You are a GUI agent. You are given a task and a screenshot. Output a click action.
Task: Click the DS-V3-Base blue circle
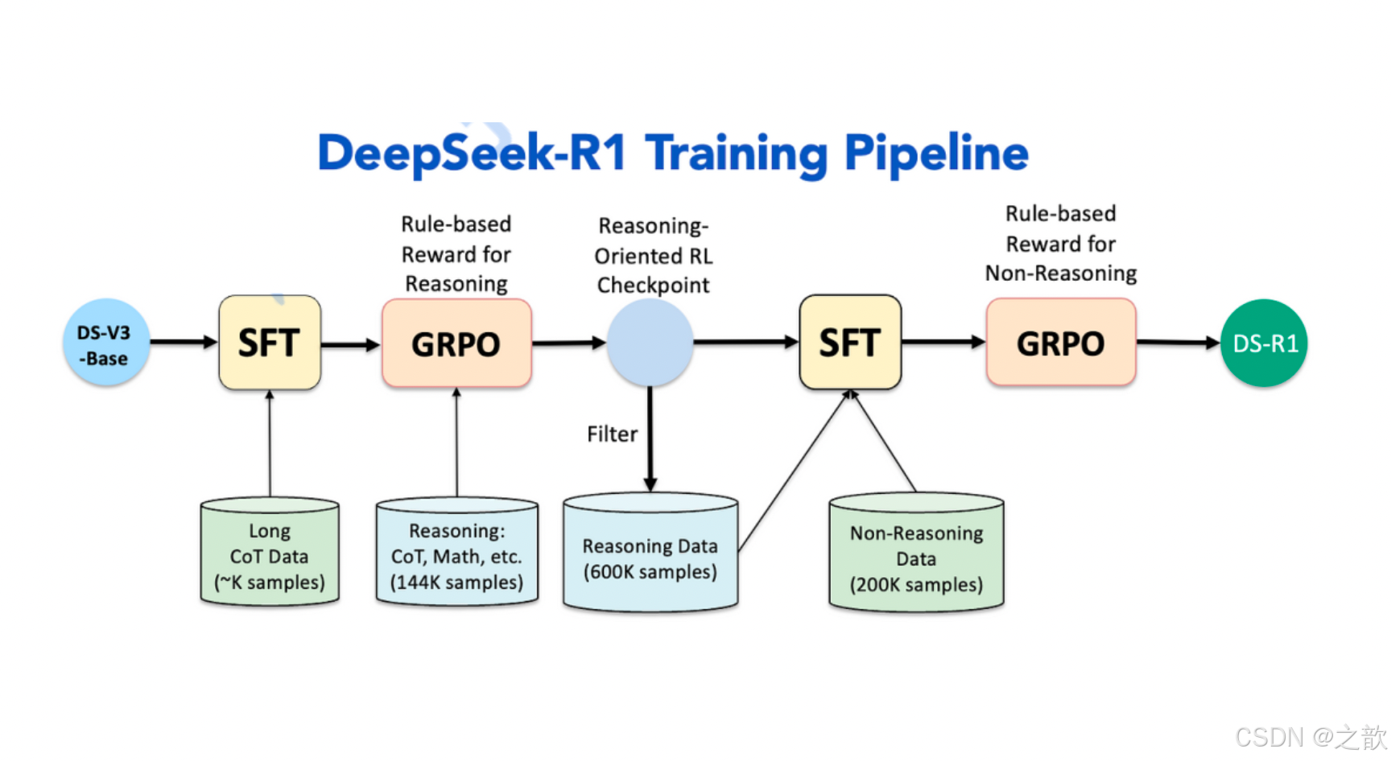tap(106, 343)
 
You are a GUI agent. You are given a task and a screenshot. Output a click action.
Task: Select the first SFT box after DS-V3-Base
tap(270, 343)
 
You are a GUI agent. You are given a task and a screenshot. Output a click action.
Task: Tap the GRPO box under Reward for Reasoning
tap(456, 343)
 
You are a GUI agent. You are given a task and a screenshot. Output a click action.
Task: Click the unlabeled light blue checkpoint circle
tap(650, 343)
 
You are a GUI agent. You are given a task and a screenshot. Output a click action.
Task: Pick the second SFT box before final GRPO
tap(850, 343)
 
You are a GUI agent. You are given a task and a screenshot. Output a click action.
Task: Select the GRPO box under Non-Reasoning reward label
tap(1061, 343)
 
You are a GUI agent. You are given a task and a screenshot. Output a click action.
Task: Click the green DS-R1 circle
tap(1264, 343)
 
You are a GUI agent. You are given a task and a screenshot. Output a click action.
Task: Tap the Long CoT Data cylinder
tap(270, 555)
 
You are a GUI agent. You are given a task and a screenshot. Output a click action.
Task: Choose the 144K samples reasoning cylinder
tap(456, 555)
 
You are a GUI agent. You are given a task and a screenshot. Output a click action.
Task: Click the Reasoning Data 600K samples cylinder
tap(650, 557)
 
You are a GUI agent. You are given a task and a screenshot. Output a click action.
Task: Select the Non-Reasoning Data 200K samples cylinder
tap(916, 557)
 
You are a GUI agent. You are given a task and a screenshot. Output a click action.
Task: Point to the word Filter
tap(612, 434)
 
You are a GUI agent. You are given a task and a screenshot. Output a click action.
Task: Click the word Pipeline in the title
tap(936, 153)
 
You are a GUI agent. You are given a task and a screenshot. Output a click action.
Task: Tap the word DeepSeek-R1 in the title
tap(472, 153)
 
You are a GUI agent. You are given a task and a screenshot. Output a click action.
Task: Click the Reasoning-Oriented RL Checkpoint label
tap(653, 256)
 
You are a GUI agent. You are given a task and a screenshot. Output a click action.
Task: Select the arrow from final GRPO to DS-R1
tap(1178, 343)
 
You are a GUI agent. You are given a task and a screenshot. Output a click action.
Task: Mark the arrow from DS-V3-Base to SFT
tap(184, 342)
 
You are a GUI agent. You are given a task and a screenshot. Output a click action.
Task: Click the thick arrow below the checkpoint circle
tap(650, 438)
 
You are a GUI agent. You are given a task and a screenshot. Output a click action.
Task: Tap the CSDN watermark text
tap(1310, 737)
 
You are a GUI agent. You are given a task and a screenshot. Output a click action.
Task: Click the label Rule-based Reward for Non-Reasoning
tap(1061, 244)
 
